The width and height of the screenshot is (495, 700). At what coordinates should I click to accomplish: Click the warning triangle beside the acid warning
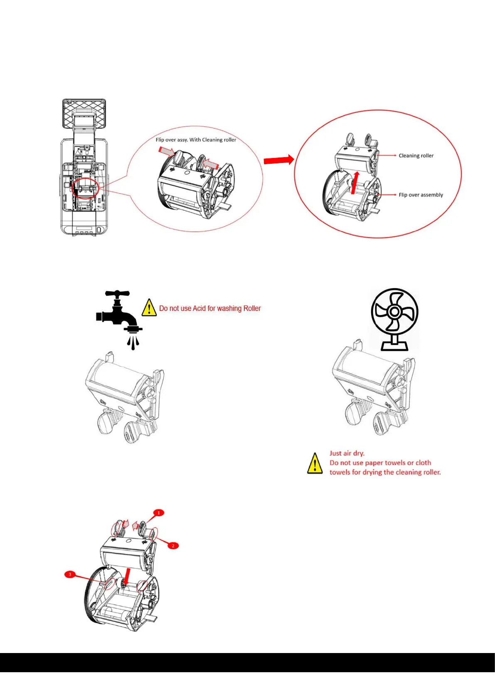149,308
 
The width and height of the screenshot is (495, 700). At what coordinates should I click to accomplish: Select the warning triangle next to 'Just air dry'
315,463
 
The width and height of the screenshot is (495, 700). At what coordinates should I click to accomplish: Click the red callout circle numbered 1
158,513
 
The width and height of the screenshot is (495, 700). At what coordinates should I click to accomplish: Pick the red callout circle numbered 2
173,545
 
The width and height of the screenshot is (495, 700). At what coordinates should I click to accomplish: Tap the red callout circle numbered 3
70,574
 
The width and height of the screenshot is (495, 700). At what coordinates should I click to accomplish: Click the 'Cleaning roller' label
416,155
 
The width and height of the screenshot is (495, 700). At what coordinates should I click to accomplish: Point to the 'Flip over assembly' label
421,195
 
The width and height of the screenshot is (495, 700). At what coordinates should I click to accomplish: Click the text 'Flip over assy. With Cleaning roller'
196,140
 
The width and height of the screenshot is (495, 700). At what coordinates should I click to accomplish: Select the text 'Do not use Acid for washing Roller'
210,308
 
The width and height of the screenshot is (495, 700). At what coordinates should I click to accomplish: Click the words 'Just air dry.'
347,453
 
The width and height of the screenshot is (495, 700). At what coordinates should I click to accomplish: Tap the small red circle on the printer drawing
86,188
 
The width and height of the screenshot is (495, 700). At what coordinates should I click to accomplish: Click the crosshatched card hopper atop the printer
84,113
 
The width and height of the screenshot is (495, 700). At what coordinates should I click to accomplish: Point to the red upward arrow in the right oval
355,182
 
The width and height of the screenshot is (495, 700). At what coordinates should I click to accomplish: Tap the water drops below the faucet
133,343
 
